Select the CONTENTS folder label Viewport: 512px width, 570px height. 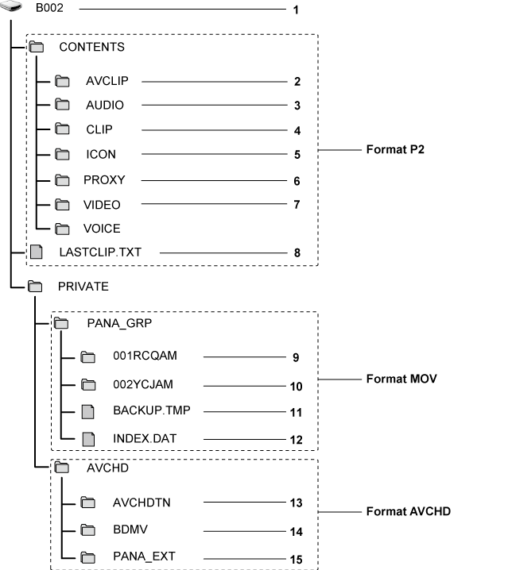91,47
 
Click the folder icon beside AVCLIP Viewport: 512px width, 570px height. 63,81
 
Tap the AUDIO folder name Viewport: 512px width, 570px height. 105,105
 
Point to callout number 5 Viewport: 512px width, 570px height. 296,156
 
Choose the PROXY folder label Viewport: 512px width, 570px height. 104,180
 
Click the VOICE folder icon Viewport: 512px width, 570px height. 63,229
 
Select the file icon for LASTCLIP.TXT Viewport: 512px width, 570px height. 35,252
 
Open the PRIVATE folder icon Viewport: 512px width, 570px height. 35,287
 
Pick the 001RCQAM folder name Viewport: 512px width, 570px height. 145,356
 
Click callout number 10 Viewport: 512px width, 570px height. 297,387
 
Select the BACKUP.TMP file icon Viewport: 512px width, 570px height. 88,411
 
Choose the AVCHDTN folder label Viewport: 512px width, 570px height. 142,503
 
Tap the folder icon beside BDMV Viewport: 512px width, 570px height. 88,530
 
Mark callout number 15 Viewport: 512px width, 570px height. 297,560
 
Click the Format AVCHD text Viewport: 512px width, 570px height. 408,512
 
